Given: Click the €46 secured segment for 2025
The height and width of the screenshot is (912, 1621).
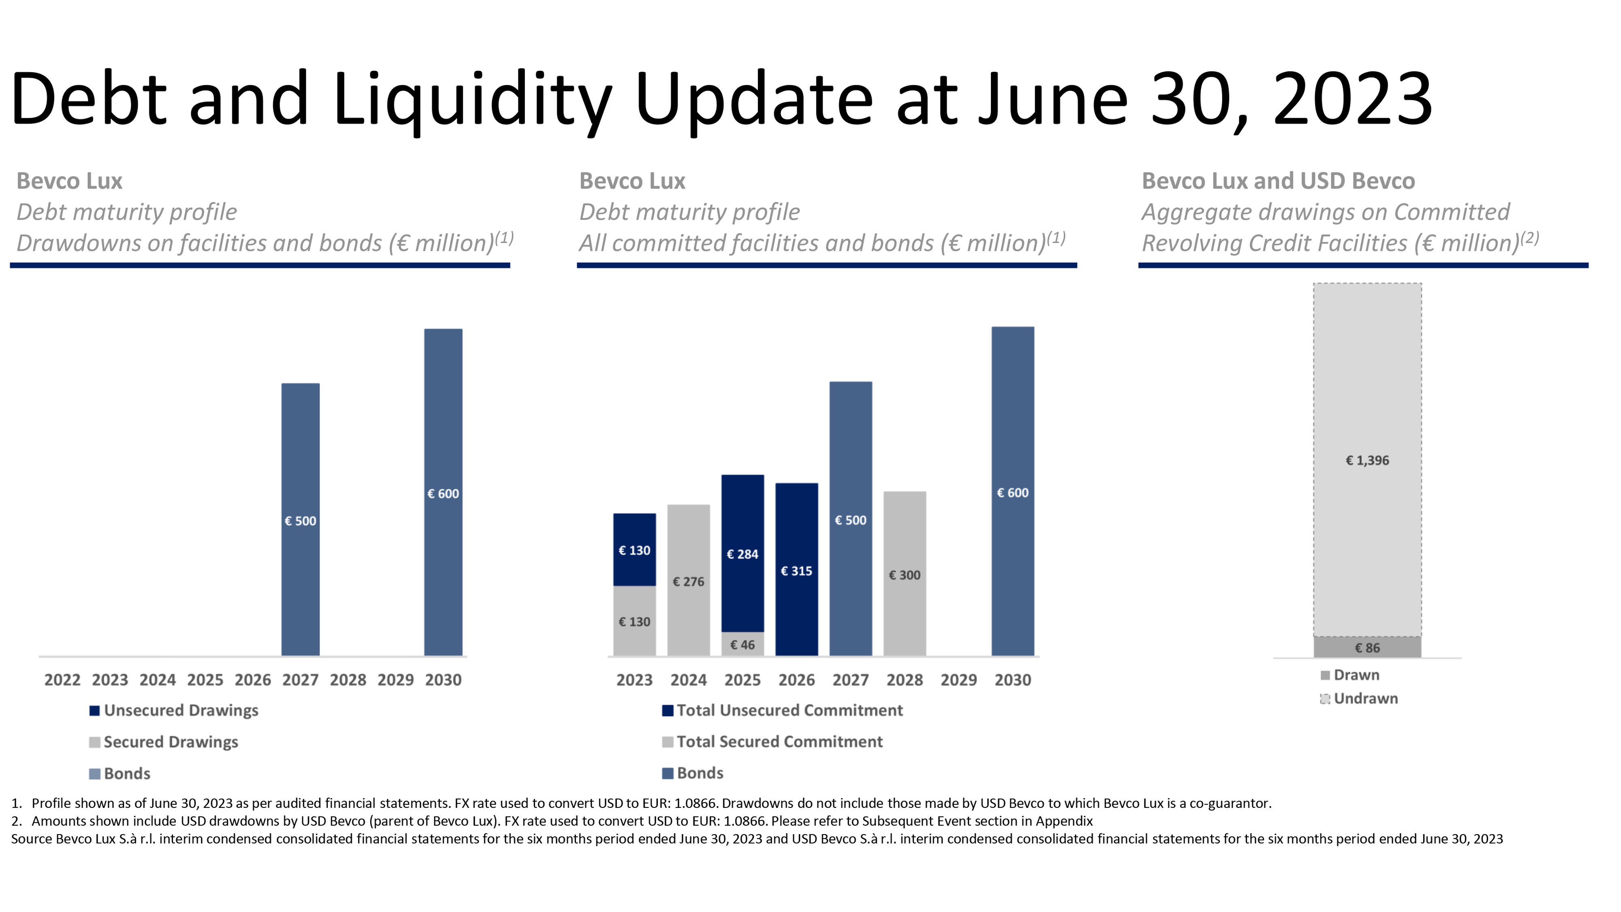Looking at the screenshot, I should pyautogui.click(x=742, y=644).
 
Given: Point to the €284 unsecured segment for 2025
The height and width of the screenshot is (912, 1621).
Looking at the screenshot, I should pyautogui.click(x=742, y=553).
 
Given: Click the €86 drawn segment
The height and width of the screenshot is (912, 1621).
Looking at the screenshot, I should pyautogui.click(x=1367, y=647).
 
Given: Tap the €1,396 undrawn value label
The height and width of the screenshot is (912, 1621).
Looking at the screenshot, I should pyautogui.click(x=1367, y=460).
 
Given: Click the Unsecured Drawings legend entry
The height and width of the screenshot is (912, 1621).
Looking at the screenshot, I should pyautogui.click(x=181, y=710).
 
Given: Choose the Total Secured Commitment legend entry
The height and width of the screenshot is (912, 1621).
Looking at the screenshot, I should pyautogui.click(x=779, y=741).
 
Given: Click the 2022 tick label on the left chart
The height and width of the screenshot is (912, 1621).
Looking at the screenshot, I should pyautogui.click(x=62, y=680).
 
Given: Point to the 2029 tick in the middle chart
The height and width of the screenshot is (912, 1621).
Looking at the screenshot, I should pyautogui.click(x=958, y=680).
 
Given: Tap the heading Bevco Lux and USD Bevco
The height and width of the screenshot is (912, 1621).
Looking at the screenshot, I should pyautogui.click(x=1278, y=181).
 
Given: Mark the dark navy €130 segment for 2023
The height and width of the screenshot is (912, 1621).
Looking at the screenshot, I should pyautogui.click(x=634, y=550).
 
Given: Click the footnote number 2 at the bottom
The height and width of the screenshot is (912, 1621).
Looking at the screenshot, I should pyautogui.click(x=16, y=821).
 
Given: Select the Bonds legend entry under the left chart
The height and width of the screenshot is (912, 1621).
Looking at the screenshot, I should pyautogui.click(x=126, y=773).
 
